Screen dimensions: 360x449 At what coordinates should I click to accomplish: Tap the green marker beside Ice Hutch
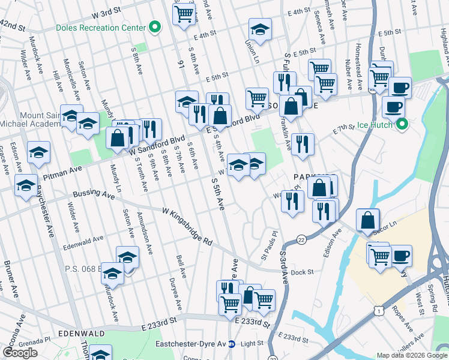[403, 125]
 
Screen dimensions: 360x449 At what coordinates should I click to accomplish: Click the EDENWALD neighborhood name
[81, 332]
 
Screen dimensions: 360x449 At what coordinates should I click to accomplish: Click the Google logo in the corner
[20, 353]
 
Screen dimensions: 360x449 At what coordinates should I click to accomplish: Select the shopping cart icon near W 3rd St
[184, 14]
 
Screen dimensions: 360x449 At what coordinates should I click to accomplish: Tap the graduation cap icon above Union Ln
[260, 29]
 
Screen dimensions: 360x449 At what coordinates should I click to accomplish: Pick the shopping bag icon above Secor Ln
[367, 220]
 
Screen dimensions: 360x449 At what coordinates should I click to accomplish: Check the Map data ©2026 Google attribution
[411, 355]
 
